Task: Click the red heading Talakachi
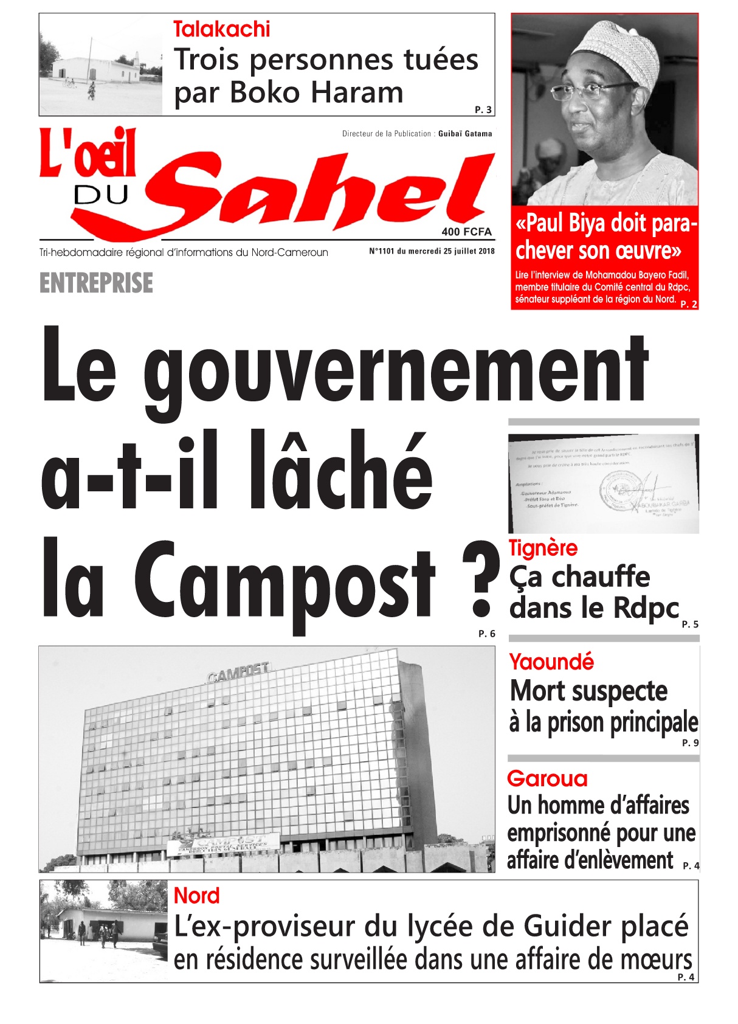coord(221,29)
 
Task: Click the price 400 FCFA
coord(466,232)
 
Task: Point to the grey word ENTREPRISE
coord(96,283)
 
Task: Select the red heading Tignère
coord(543,548)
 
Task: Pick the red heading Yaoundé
coord(551,662)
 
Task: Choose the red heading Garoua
coord(547,779)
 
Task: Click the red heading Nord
coord(196,896)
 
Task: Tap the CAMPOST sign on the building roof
coord(238,672)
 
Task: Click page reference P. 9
coord(690,742)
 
